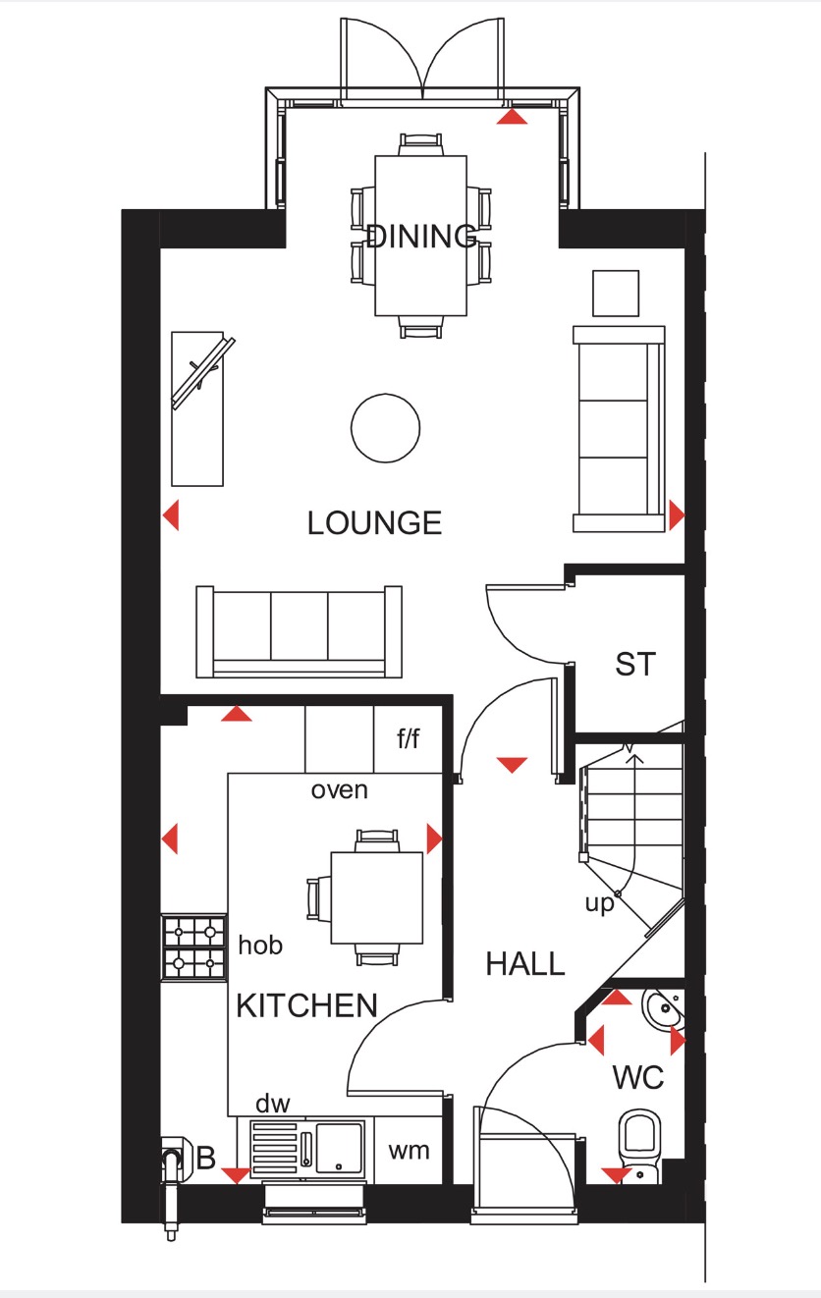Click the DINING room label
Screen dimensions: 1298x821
click(420, 237)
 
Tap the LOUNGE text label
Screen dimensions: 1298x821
click(374, 522)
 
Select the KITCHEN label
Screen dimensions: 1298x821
click(306, 1005)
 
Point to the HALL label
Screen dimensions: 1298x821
click(525, 964)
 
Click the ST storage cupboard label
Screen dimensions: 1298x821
click(634, 665)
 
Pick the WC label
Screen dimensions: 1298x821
click(638, 1078)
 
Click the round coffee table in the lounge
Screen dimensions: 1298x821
click(386, 427)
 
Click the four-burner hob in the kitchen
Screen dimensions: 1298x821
click(193, 946)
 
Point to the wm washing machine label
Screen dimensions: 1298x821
click(409, 1151)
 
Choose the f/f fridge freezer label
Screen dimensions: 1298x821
click(408, 738)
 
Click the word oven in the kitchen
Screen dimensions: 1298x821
click(339, 789)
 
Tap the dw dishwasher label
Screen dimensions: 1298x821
click(272, 1104)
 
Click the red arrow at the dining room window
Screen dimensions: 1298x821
click(512, 117)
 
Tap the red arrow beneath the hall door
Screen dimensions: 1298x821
click(512, 764)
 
